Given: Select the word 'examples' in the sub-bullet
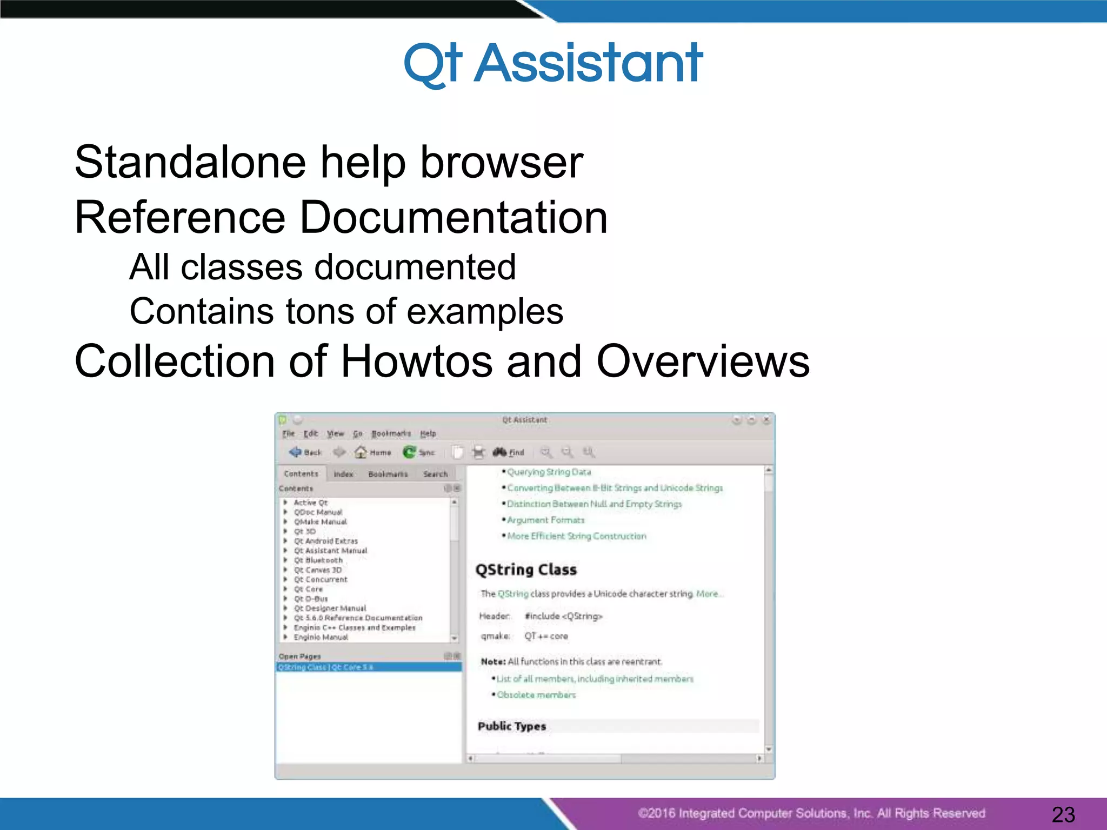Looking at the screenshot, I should click(x=484, y=312).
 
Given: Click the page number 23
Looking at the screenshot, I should click(x=1063, y=814).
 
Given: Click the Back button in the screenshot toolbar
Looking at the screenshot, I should click(x=305, y=452).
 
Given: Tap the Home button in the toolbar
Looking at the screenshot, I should click(x=373, y=452).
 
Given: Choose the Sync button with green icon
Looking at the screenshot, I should click(x=419, y=452).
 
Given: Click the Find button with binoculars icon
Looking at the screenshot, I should click(x=509, y=452).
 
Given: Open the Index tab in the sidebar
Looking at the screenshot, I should click(x=343, y=474).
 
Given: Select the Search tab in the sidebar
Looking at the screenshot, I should click(x=435, y=474).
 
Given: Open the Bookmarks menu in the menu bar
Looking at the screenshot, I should click(x=391, y=433).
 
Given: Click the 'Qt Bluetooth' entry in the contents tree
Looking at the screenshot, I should click(x=318, y=560).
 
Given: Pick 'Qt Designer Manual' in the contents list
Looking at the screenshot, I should click(x=330, y=608).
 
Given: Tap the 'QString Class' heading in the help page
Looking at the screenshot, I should click(x=526, y=570).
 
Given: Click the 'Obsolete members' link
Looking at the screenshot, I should click(x=536, y=695).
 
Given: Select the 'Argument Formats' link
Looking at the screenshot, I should click(x=545, y=520).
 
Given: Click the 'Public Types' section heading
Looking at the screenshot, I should click(x=512, y=726).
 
